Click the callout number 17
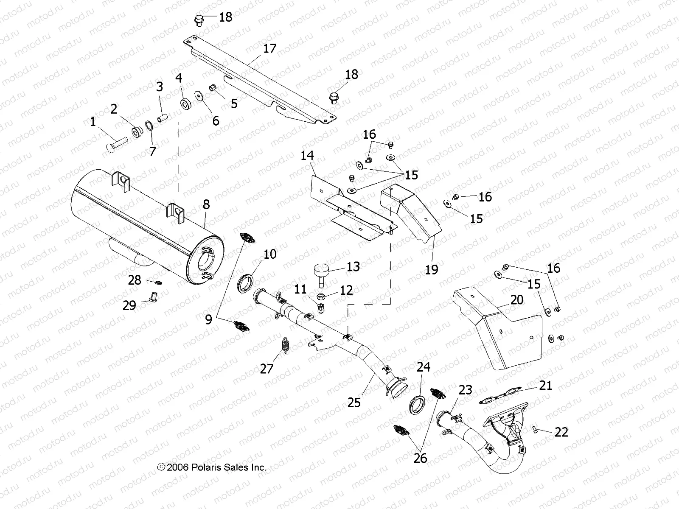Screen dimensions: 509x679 pos(269,48)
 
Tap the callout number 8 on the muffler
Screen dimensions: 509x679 pos(206,204)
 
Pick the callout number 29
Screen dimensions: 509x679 pos(129,305)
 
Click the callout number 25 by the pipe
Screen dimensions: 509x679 pos(354,402)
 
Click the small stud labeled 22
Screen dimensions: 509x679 pos(535,430)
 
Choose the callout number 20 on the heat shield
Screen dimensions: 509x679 pos(517,300)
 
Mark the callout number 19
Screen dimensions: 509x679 pos(432,269)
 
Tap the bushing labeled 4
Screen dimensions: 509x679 pos(185,103)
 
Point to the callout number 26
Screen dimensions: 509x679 pos(420,458)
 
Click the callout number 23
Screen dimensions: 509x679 pos(465,390)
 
